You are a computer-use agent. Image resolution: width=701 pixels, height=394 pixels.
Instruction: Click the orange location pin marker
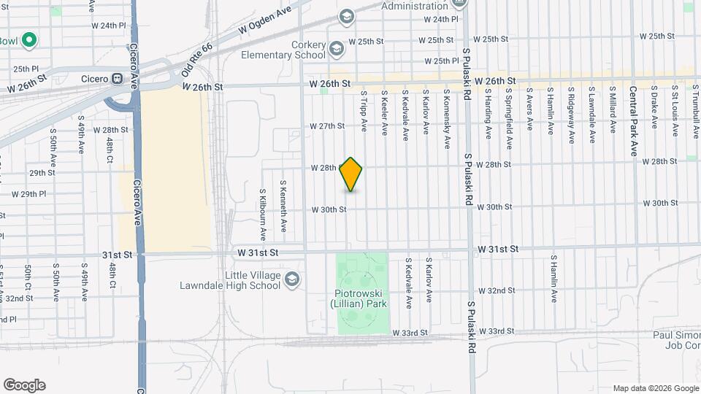(351, 174)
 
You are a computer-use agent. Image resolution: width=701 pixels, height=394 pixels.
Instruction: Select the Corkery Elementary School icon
(337, 50)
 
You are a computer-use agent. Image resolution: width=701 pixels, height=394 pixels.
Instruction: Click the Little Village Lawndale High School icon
(292, 279)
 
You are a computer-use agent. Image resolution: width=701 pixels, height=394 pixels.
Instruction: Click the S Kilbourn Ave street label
(263, 215)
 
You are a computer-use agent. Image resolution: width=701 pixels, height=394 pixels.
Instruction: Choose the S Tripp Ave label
(364, 111)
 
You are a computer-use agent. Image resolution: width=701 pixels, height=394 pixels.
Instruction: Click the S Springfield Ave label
(509, 111)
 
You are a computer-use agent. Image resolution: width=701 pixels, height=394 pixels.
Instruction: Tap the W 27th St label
(326, 126)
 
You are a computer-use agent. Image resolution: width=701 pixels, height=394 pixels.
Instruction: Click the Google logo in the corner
(24, 385)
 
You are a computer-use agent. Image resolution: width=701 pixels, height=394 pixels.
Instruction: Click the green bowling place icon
(29, 40)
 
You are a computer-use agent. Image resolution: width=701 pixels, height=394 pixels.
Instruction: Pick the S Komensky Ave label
(446, 111)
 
